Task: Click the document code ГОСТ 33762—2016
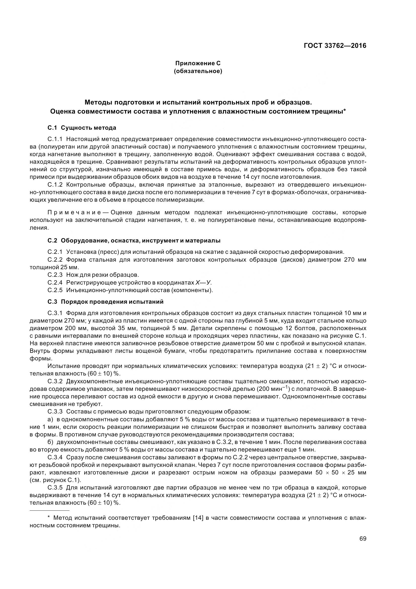pos(335,46)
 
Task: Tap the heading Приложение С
pos(198,63)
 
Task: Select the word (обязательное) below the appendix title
pos(198,71)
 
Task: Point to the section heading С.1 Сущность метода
pos(82,128)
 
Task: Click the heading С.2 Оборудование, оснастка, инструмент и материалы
pos(134,241)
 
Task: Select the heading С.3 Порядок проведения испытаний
pos(105,302)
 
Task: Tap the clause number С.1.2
pos(55,185)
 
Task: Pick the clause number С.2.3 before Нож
pos(55,275)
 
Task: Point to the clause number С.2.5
pos(55,290)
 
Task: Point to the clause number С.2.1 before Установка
pos(55,252)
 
